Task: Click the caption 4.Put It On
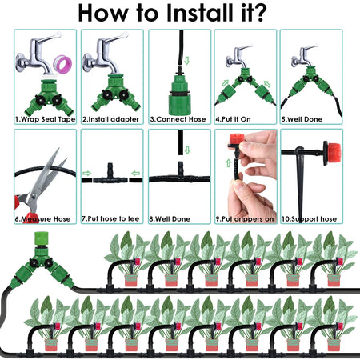pos(238,118)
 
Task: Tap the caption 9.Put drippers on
pos(245,218)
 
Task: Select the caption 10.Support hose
pos(310,218)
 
